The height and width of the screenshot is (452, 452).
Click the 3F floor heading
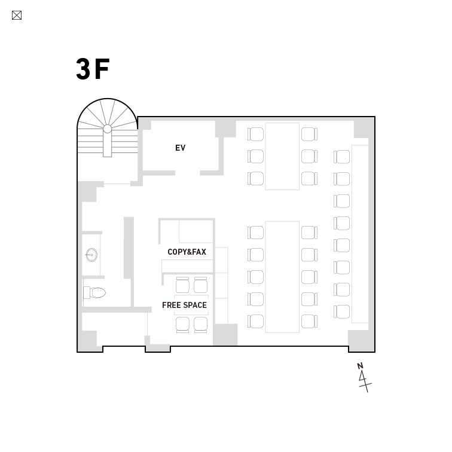coord(93,69)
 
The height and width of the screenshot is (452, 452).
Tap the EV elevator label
coord(180,148)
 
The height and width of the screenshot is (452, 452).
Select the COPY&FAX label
coord(187,252)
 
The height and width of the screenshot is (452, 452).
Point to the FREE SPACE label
coord(184,305)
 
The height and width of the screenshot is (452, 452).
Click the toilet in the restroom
coord(94,292)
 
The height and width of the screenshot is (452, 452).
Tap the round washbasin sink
coord(91,255)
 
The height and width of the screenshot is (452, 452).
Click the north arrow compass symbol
coord(364,378)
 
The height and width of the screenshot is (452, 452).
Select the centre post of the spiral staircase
coord(107,129)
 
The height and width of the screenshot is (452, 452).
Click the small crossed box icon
coord(17,16)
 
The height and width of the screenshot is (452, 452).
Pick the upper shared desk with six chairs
coord(282,156)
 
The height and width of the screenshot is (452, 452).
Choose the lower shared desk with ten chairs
coord(282,277)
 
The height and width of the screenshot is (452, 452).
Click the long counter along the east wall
coord(360,234)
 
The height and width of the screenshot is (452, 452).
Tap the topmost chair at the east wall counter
coord(342,157)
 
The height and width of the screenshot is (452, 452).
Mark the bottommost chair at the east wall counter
coord(342,312)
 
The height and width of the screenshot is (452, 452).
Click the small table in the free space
coord(191,305)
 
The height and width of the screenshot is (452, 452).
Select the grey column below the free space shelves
coord(225,334)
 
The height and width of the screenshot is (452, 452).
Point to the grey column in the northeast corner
coord(364,129)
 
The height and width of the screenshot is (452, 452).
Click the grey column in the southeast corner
coord(361,341)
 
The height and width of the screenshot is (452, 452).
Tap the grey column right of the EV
coord(225,129)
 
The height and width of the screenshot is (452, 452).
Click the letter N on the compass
coord(360,366)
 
